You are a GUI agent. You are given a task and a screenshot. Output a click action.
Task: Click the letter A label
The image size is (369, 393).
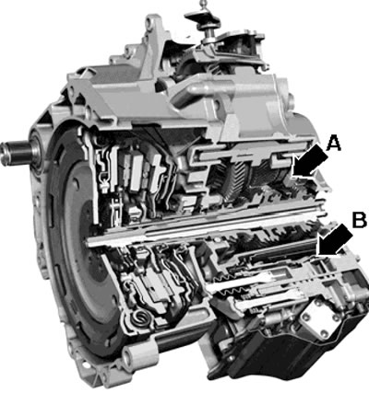(x=334, y=144)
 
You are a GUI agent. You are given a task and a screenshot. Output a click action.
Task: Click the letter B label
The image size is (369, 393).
(x=359, y=220)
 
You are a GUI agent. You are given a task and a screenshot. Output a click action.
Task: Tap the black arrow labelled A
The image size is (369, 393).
(x=309, y=163)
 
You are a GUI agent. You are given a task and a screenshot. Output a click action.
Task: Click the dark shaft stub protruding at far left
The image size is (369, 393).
(x=16, y=151)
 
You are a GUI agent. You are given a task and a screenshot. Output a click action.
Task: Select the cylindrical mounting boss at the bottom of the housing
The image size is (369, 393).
(x=139, y=353)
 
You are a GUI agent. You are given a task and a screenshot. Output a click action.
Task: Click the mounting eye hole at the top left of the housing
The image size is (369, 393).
(x=149, y=22)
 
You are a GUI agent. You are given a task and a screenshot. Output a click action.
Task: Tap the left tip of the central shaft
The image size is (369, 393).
(x=88, y=241)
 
